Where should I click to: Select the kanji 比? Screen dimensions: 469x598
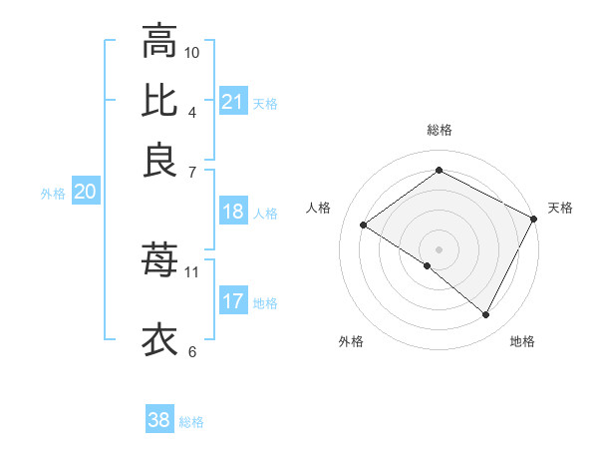[159, 101]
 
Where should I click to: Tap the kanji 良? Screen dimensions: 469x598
[159, 161]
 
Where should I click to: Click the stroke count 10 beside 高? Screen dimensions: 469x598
[192, 52]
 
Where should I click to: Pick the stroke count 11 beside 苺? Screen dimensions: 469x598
[192, 271]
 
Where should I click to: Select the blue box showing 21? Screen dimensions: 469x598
[233, 102]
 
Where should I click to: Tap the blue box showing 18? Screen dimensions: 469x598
[233, 212]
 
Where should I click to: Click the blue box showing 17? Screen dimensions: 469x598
[233, 301]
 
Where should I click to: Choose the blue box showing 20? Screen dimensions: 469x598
[85, 193]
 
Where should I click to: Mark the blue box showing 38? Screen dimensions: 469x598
[159, 420]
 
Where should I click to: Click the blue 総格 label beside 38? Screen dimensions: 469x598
[191, 422]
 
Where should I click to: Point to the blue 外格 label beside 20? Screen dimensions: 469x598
[53, 195]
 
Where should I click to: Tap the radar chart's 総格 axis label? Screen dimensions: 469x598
[440, 130]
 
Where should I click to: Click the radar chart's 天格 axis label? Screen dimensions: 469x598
[560, 208]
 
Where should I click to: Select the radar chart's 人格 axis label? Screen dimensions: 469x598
[319, 208]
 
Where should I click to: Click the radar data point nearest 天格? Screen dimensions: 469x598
[534, 220]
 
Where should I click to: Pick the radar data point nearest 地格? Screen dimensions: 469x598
[486, 315]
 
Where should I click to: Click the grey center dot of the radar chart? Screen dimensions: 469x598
[439, 247]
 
